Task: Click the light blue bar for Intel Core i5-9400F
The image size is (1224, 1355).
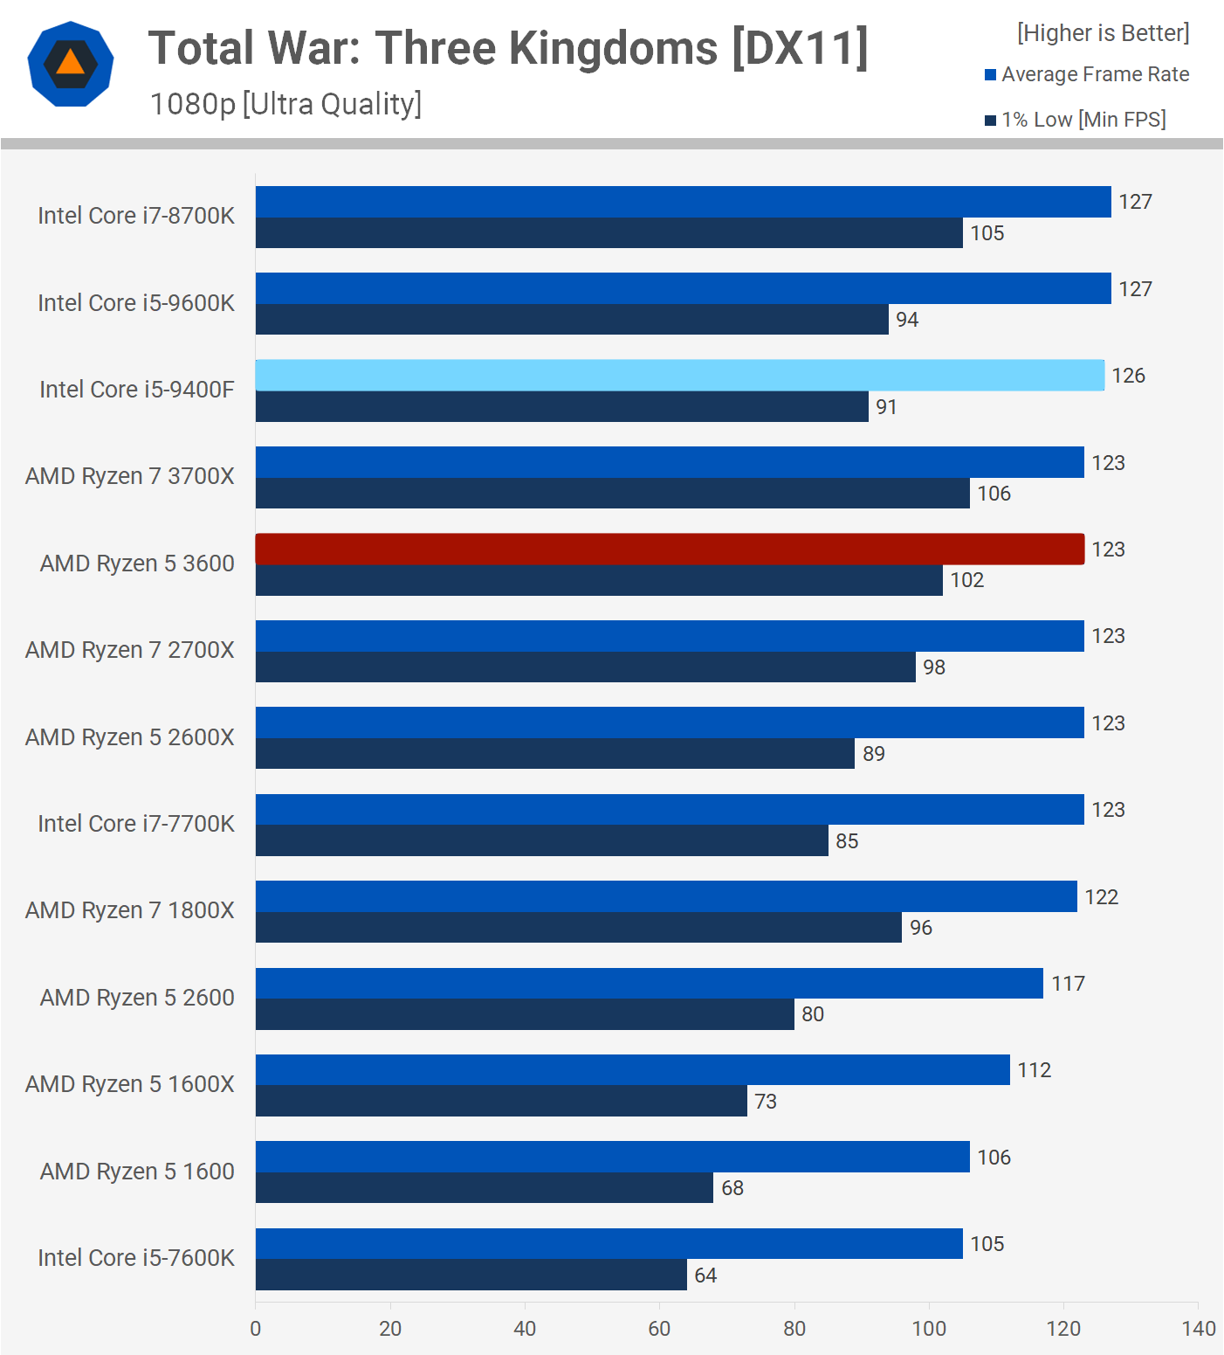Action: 679,375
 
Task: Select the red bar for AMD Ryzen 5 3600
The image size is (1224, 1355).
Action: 670,549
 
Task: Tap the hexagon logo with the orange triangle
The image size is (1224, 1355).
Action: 71,64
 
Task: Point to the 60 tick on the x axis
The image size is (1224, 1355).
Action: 659,1328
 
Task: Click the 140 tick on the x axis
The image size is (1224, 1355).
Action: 1198,1328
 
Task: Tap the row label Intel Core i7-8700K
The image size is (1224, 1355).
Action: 136,216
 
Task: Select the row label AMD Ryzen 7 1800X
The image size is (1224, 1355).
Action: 130,910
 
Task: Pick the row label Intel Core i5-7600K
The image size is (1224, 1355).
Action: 136,1258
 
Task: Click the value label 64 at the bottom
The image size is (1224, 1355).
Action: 705,1275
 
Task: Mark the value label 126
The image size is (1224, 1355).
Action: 1128,376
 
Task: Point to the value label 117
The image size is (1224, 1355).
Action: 1068,984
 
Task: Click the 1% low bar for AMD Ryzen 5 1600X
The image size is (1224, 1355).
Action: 501,1101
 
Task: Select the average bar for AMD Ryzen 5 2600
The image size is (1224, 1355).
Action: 649,983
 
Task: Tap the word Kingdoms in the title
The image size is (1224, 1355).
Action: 613,48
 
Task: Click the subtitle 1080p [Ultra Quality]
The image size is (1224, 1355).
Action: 285,104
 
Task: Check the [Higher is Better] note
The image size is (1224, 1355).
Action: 1103,33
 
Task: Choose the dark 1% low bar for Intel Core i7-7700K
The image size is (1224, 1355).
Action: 541,840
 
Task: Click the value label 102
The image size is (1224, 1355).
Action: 966,580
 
